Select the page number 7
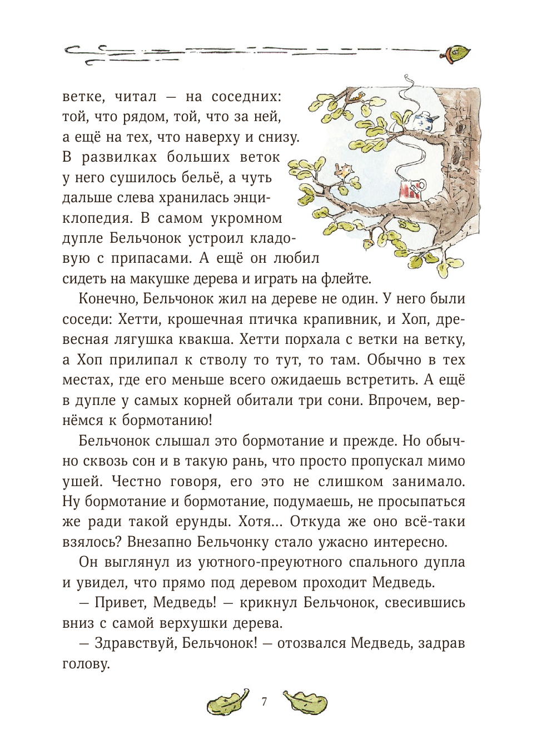coord(264,702)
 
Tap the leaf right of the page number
coord(305,702)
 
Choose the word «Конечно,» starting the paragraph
coord(108,299)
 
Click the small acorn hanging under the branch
coord(369,243)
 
